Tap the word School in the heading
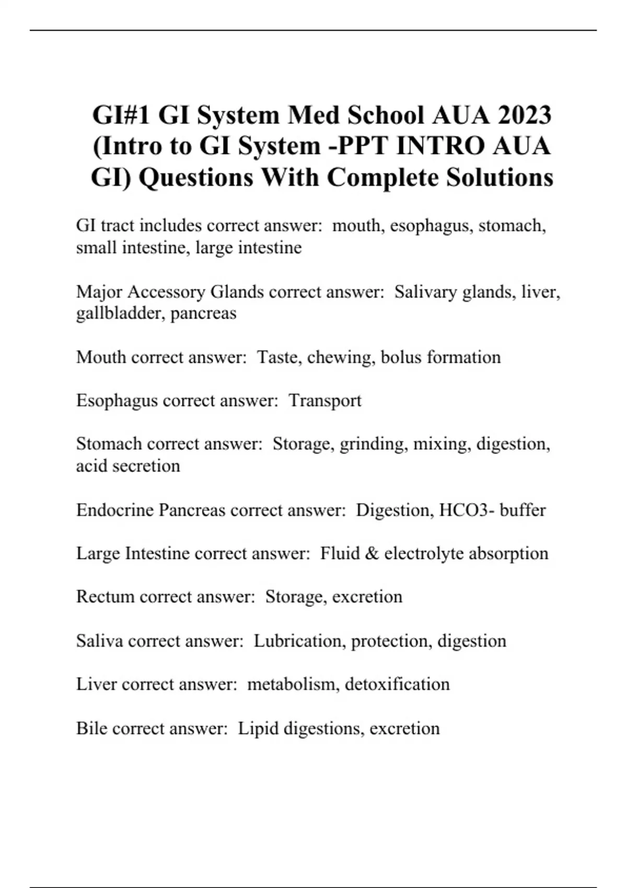[386, 115]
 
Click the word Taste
[277, 357]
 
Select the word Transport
[325, 401]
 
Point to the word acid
[92, 466]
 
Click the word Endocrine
[114, 510]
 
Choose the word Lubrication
[297, 641]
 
